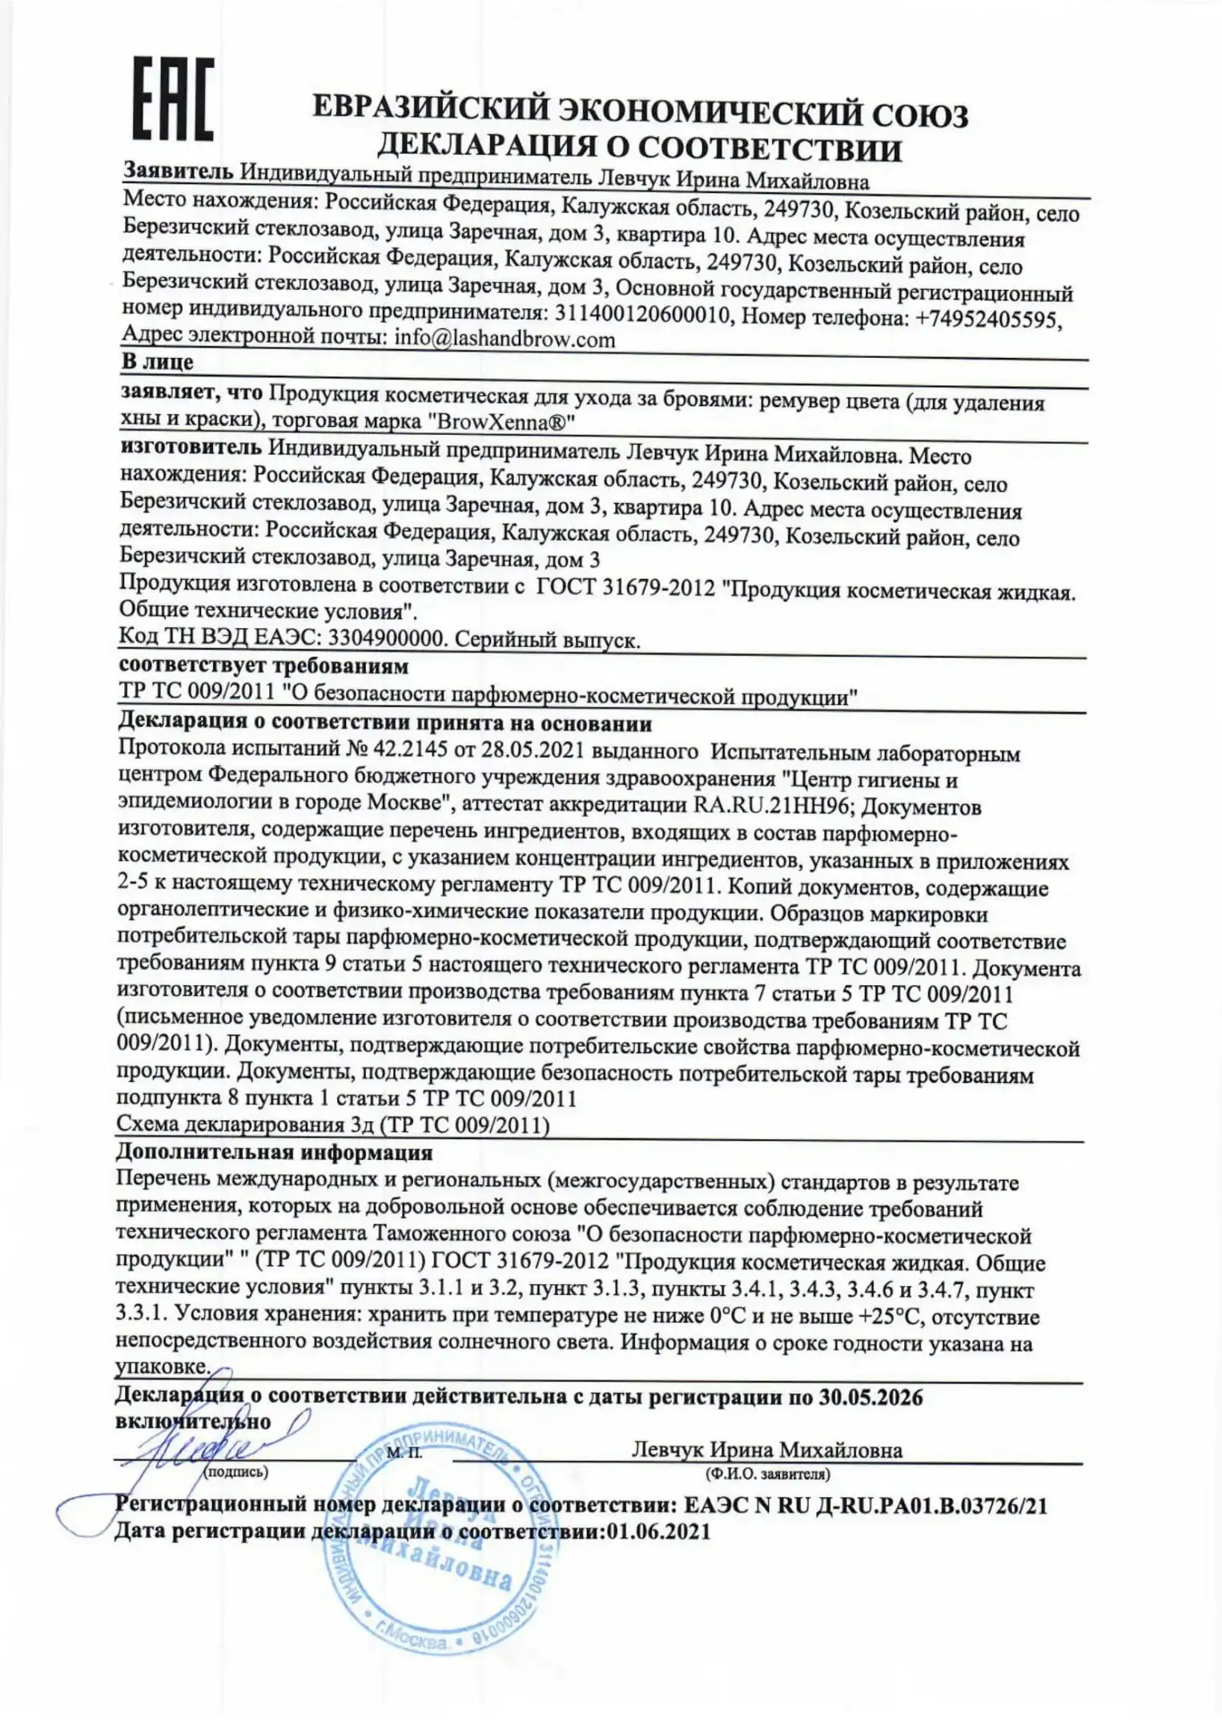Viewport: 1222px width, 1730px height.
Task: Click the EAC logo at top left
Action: [172, 98]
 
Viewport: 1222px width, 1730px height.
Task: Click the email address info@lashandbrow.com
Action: [504, 339]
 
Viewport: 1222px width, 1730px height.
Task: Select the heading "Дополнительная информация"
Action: [274, 1153]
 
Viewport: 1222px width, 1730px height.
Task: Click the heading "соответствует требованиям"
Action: [263, 666]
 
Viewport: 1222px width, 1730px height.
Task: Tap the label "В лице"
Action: [157, 362]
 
